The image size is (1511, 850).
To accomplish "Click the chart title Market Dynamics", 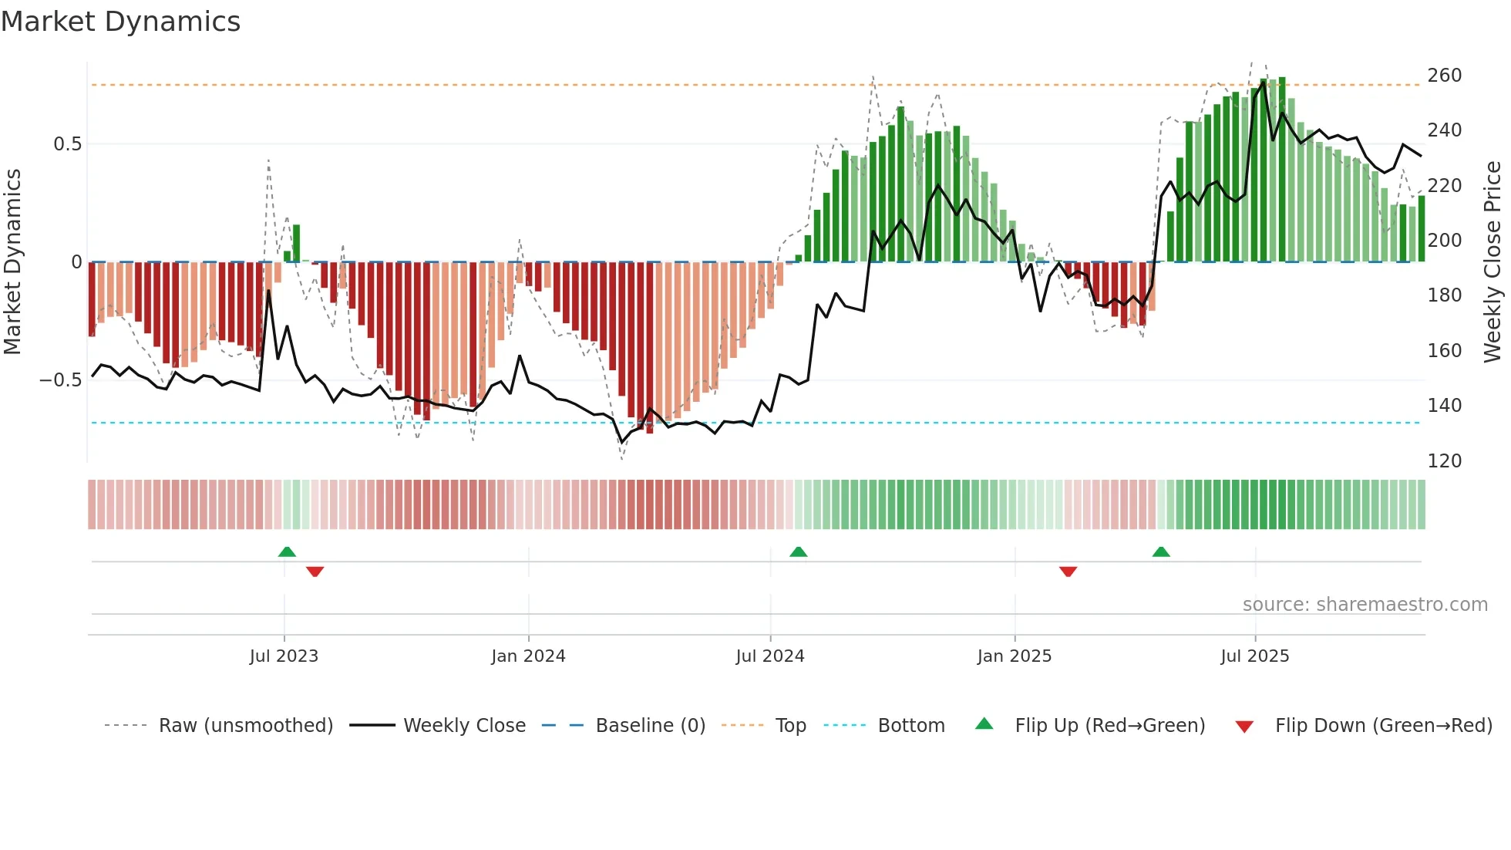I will pos(120,22).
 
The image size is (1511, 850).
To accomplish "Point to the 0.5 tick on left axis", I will pos(67,144).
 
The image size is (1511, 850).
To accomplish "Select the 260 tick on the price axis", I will pos(1444,76).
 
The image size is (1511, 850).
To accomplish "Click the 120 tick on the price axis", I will pos(1444,461).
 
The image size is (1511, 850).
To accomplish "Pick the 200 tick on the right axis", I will pos(1444,241).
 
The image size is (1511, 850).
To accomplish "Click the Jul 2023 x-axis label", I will pos(284,656).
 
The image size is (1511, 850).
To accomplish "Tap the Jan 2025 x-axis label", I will pos(1014,656).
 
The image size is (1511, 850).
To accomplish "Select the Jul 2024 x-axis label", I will pos(769,656).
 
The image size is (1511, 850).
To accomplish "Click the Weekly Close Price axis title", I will pos(1492,262).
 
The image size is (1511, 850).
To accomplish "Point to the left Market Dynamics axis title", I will pos(12,262).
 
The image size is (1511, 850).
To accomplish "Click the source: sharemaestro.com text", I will pos(1365,605).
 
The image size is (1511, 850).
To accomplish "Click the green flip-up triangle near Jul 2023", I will pos(287,551).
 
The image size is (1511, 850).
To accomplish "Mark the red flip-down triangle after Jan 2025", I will pos(1068,572).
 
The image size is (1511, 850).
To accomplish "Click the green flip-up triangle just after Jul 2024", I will pos(799,551).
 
